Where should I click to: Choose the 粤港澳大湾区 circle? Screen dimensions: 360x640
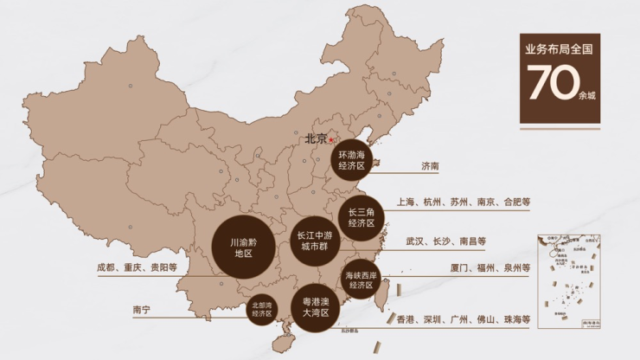pyautogui.click(x=316, y=308)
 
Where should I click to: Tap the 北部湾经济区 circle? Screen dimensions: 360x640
pyautogui.click(x=262, y=310)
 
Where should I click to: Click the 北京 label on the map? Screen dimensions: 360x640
pyautogui.click(x=315, y=138)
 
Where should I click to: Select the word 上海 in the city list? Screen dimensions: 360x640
pyautogui.click(x=407, y=202)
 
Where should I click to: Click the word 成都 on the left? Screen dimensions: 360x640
pyautogui.click(x=107, y=268)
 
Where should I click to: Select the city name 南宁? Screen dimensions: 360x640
pyautogui.click(x=142, y=310)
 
